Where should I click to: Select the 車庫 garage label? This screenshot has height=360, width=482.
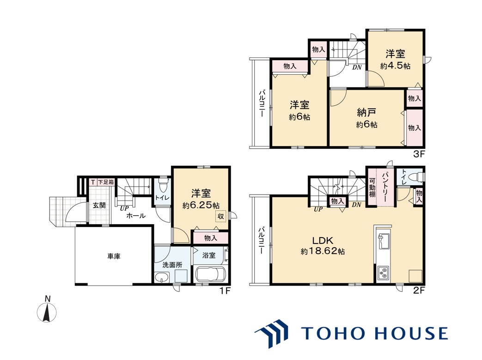pyautogui.click(x=114, y=256)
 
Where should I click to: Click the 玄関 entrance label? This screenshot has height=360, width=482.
pyautogui.click(x=99, y=205)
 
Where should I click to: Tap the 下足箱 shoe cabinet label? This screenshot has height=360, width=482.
pyautogui.click(x=106, y=182)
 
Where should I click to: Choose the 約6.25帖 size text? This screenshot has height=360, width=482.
pyautogui.click(x=201, y=205)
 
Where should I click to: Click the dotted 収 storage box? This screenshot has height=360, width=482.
pyautogui.click(x=221, y=216)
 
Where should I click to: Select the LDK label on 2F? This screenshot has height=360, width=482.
pyautogui.click(x=323, y=240)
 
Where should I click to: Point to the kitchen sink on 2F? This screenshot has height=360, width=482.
pyautogui.click(x=383, y=241)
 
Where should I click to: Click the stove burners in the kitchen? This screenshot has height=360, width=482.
pyautogui.click(x=383, y=273)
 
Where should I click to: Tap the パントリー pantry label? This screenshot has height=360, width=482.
pyautogui.click(x=385, y=187)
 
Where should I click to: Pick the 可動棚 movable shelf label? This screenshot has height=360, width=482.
pyautogui.click(x=372, y=187)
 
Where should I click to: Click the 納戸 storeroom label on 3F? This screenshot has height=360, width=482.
pyautogui.click(x=366, y=113)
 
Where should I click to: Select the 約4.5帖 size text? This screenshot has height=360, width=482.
pyautogui.click(x=395, y=66)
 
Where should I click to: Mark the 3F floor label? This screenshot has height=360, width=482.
pyautogui.click(x=418, y=154)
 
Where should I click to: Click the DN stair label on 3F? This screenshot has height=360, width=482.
pyautogui.click(x=357, y=67)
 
